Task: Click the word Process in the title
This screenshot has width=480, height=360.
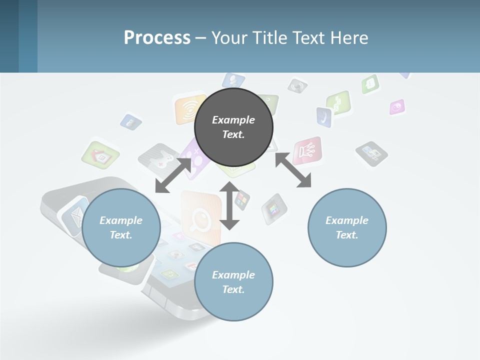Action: click(157, 38)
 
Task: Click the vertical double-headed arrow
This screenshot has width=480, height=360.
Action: click(229, 205)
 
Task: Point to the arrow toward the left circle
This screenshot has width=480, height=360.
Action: click(173, 175)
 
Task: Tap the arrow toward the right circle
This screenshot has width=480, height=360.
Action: click(293, 170)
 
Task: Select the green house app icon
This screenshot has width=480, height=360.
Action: click(101, 155)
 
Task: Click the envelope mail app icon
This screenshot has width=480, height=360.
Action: click(74, 216)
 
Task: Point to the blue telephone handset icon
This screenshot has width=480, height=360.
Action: click(324, 116)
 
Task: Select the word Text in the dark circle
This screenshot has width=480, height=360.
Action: click(233, 134)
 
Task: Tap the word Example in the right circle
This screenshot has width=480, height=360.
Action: click(347, 220)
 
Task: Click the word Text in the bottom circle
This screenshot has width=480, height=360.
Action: click(233, 289)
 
